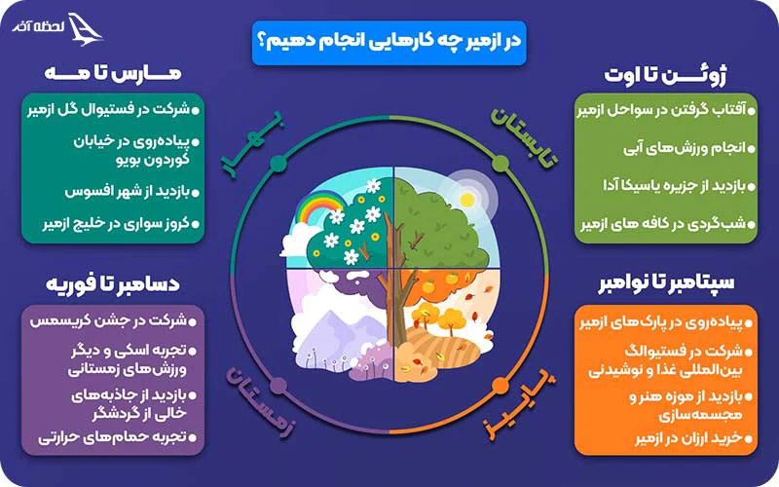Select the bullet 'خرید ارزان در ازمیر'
click(x=652, y=440)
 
